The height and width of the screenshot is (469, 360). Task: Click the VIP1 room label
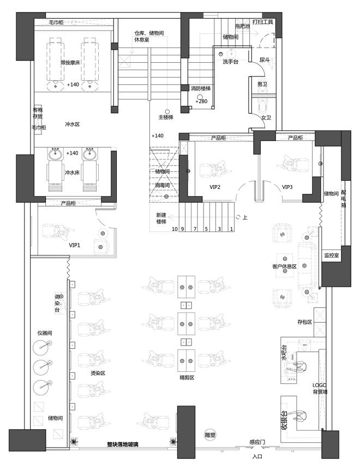[74, 246]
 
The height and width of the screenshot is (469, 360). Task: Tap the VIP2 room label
[214, 187]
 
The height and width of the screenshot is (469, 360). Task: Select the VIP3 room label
[287, 187]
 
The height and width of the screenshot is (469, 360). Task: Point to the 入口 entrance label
[258, 456]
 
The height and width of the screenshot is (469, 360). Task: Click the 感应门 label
[257, 442]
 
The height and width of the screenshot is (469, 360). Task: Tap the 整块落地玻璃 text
[122, 444]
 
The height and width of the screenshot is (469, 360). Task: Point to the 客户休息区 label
[284, 266]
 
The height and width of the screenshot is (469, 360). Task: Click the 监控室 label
[331, 255]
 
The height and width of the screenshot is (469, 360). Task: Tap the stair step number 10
[175, 229]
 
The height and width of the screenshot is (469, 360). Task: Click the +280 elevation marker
[202, 102]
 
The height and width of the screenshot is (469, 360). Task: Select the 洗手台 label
[230, 61]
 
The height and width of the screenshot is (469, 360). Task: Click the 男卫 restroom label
[262, 84]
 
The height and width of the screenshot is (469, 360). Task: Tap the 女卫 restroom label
[266, 117]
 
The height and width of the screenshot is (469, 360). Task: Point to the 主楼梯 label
[166, 117]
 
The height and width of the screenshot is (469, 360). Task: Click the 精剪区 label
[187, 377]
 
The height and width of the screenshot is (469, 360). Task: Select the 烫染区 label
[98, 373]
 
